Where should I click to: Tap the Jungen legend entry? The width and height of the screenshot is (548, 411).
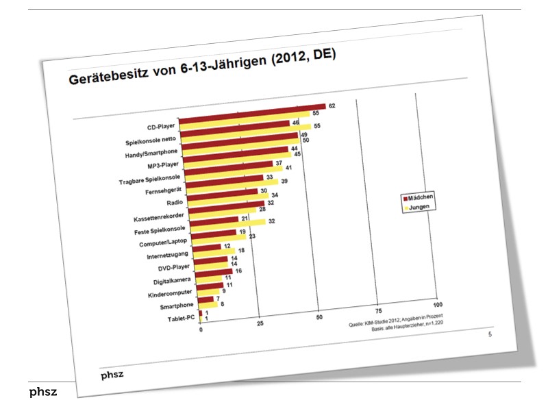coord(419,206)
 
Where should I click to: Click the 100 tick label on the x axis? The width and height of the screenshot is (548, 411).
coord(438,304)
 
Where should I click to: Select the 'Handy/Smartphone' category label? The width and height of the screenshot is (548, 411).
coord(149,155)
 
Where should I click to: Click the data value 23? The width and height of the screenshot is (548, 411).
coord(252,236)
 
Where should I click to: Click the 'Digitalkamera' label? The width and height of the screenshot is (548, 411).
coord(164,282)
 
